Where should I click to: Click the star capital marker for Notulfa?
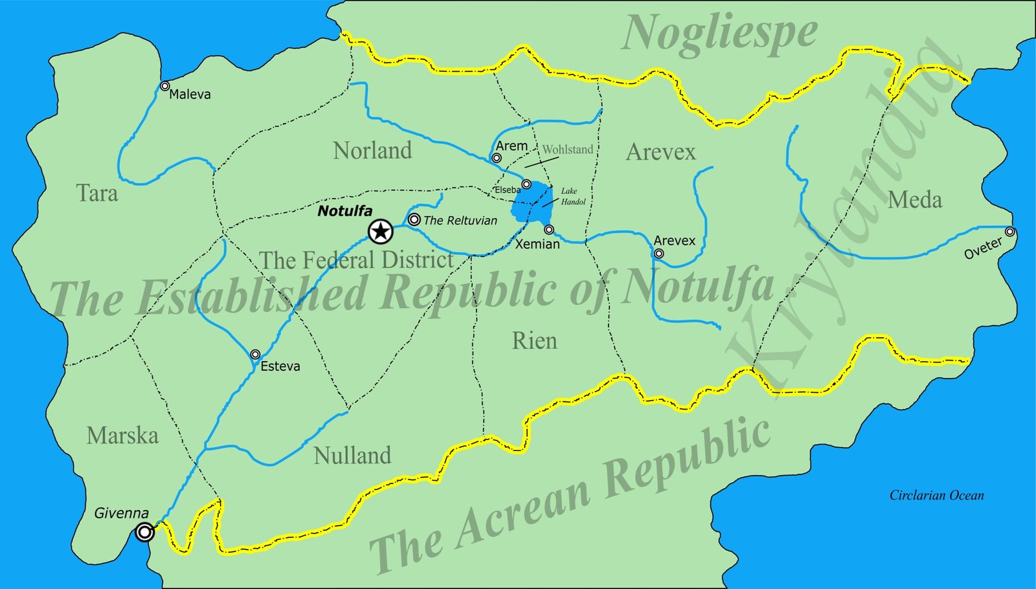point(380,231)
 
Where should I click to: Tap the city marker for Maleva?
point(165,86)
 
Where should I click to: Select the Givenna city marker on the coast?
point(145,532)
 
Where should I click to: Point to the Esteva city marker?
point(255,355)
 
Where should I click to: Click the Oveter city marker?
point(1009,232)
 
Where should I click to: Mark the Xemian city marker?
point(548,230)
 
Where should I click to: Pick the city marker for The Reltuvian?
point(414,219)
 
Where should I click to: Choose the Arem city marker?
point(497,158)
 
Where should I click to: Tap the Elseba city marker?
point(526,184)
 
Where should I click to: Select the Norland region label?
point(372,151)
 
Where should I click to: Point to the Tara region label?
point(97,194)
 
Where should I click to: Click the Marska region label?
point(122,436)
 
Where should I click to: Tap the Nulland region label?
point(352,456)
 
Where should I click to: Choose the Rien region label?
point(534,341)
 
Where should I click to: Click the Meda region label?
point(914,200)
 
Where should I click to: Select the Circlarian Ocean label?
point(936,496)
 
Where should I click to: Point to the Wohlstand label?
point(567,150)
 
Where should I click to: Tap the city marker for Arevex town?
point(659,254)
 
